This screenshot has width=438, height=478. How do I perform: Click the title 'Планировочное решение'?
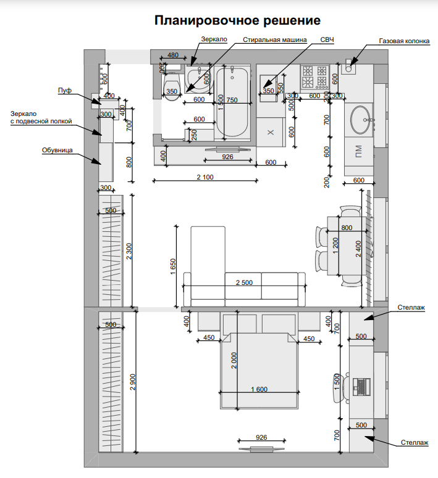click(x=237, y=20)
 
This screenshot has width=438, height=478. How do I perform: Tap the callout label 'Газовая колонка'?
click(x=404, y=41)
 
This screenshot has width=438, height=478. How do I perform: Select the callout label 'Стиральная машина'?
click(x=274, y=39)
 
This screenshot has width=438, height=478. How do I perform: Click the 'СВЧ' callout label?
click(x=327, y=39)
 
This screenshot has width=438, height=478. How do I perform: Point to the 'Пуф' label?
click(x=65, y=91)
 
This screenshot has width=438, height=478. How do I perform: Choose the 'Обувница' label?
click(x=57, y=150)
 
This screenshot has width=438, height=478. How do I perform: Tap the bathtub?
click(x=232, y=102)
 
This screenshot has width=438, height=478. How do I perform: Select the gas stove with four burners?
click(x=314, y=78)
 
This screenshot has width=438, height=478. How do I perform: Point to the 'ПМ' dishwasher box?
click(x=358, y=152)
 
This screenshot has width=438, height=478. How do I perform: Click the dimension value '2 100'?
click(x=205, y=177)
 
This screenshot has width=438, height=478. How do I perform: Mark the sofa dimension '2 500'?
click(x=244, y=282)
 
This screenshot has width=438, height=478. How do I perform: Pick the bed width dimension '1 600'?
click(x=259, y=389)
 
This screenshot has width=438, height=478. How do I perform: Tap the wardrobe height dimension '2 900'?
click(x=133, y=382)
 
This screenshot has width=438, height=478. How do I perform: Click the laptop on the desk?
click(x=361, y=387)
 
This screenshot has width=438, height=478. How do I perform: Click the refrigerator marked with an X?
click(x=271, y=133)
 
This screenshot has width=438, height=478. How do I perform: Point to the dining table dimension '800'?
click(x=347, y=228)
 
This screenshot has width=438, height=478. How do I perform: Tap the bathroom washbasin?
click(x=198, y=79)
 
